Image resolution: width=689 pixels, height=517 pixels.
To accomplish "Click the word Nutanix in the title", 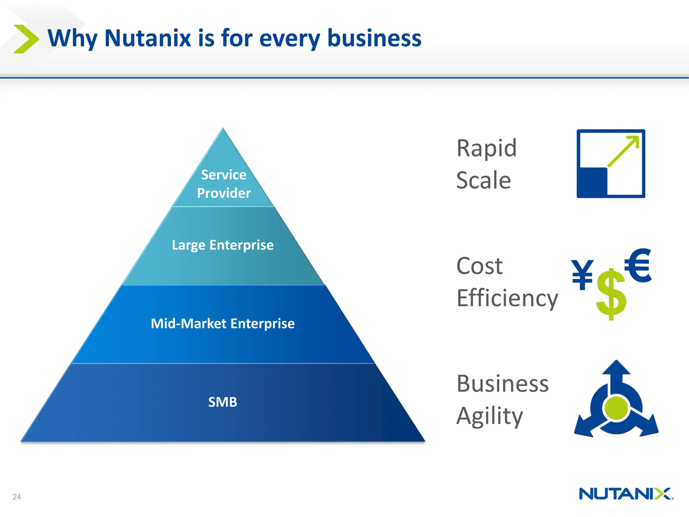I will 148,38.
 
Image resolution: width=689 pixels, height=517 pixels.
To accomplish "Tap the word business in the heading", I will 374,38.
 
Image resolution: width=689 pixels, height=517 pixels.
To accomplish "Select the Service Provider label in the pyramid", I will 224,184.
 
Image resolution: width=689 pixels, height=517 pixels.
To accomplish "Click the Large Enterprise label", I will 222,245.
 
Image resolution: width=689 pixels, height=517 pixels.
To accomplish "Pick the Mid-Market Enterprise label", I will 222,323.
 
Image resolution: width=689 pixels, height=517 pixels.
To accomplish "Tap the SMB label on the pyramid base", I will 222,402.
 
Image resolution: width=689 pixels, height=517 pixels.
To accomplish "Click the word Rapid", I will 486,148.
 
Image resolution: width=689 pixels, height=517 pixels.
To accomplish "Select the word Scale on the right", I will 483,180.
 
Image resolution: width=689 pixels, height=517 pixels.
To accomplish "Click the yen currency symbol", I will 582,275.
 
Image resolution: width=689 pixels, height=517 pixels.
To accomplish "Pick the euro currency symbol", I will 638,265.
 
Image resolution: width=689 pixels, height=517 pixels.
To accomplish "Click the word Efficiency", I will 507,299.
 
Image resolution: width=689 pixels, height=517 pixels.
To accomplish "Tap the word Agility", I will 489,416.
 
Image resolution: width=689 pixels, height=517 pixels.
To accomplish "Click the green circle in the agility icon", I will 616,408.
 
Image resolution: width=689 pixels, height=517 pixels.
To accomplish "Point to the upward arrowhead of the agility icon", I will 616,368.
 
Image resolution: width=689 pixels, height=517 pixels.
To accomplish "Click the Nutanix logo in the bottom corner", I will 626,494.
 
